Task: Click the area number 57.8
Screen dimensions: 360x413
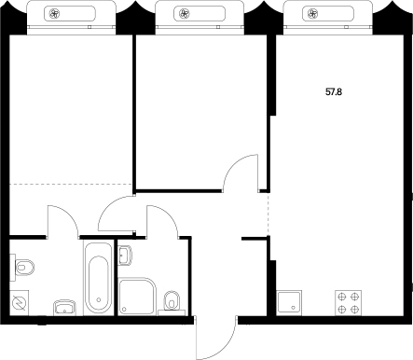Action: [x=333, y=92]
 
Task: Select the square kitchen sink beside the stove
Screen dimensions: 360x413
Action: [x=290, y=301]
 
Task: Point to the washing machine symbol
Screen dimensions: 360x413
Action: [x=20, y=303]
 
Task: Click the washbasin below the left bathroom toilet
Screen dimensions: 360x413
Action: [x=64, y=307]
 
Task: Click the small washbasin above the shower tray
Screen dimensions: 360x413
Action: [x=126, y=254]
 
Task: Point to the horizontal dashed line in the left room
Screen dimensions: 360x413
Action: [x=71, y=183]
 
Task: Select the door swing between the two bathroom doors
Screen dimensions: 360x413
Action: [x=117, y=216]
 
